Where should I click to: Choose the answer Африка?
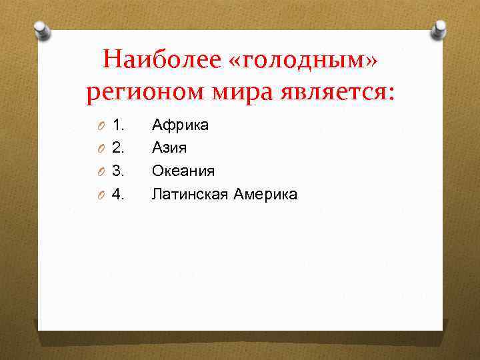(180, 125)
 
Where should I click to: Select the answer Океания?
(183, 171)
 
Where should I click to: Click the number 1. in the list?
(119, 125)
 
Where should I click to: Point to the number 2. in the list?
(119, 147)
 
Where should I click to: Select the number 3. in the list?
(119, 171)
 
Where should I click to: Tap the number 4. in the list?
(119, 194)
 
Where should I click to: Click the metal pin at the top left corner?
(41, 31)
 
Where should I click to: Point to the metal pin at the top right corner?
(439, 29)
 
